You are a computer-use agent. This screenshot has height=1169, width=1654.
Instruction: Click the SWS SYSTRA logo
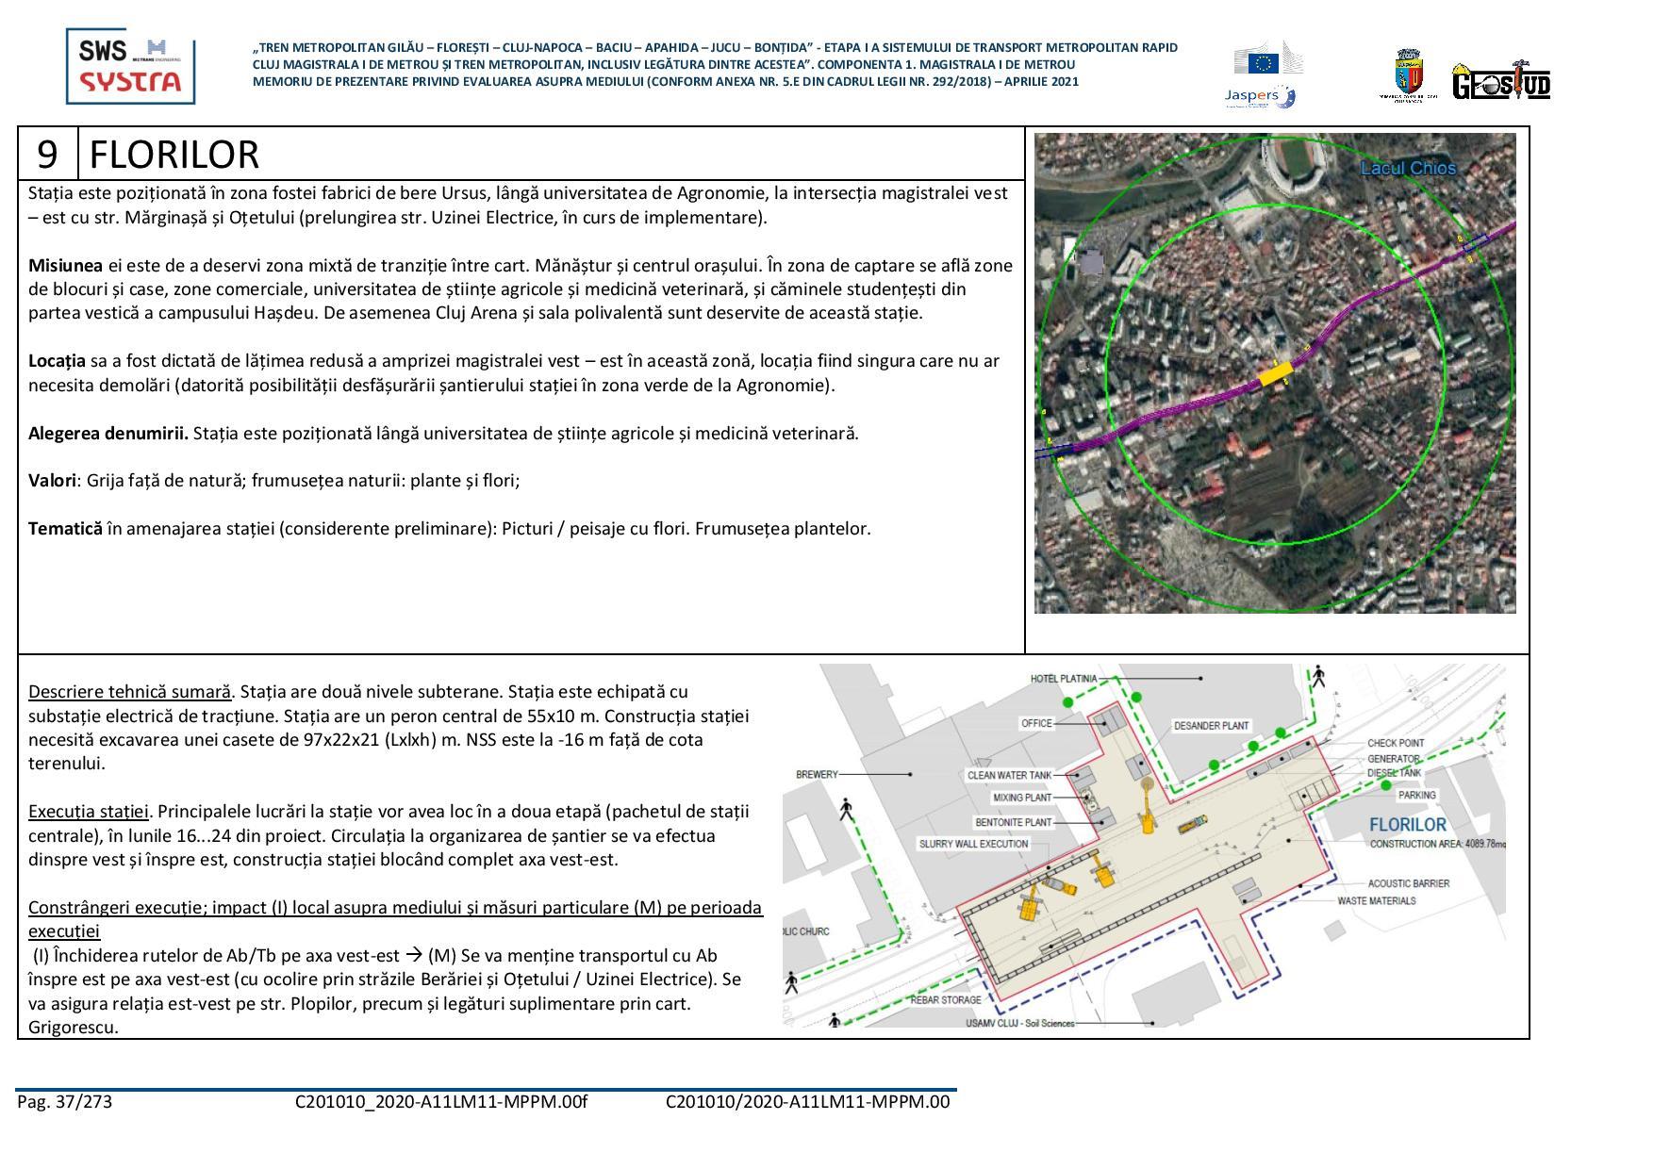click(x=130, y=66)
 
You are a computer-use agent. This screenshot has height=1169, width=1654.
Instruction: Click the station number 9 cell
click(x=48, y=154)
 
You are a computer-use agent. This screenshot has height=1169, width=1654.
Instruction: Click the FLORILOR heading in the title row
click(x=174, y=155)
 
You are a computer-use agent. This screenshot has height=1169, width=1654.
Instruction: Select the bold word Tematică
click(x=65, y=528)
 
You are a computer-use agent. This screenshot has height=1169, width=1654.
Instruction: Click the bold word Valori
click(x=52, y=480)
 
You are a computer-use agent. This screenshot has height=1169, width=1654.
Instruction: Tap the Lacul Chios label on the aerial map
click(x=1407, y=169)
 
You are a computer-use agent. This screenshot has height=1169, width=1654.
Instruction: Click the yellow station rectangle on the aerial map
click(x=1276, y=374)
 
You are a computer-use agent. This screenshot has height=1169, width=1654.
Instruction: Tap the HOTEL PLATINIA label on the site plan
click(x=1063, y=678)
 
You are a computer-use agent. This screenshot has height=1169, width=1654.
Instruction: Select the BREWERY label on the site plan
click(x=817, y=774)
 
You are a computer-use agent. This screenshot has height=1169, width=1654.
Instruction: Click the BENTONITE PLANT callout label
click(x=1013, y=822)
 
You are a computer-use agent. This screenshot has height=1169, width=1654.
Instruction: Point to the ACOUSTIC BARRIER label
click(x=1408, y=883)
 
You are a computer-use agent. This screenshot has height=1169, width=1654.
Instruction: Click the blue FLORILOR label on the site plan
click(x=1407, y=824)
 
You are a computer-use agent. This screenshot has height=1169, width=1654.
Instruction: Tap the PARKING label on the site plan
click(x=1416, y=795)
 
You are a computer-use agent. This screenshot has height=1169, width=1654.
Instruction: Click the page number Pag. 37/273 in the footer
click(x=64, y=1101)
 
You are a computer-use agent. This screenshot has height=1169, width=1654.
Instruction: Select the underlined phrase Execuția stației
click(x=89, y=811)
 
